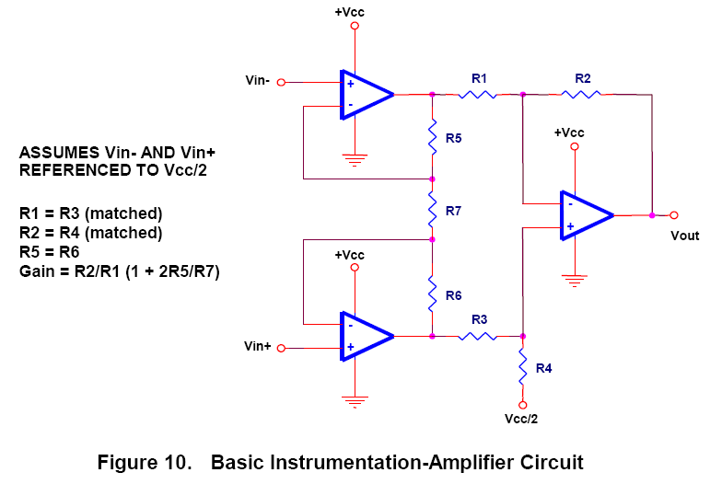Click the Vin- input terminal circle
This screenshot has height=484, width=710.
point(282,82)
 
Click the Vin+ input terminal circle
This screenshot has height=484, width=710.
point(282,348)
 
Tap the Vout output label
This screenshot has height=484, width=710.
point(685,236)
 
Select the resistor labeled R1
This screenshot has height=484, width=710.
point(479,93)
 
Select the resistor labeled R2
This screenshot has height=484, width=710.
point(582,93)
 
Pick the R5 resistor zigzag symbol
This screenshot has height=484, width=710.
point(432,138)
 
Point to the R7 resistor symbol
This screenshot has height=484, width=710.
point(432,210)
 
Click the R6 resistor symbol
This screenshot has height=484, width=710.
point(432,294)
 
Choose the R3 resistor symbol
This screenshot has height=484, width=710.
point(479,337)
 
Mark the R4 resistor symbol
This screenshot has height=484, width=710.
point(523,368)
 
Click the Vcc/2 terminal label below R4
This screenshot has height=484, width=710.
point(521,419)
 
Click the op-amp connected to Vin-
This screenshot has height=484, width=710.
point(366,94)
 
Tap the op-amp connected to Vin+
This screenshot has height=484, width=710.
point(366,337)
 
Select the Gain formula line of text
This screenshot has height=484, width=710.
point(119,271)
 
